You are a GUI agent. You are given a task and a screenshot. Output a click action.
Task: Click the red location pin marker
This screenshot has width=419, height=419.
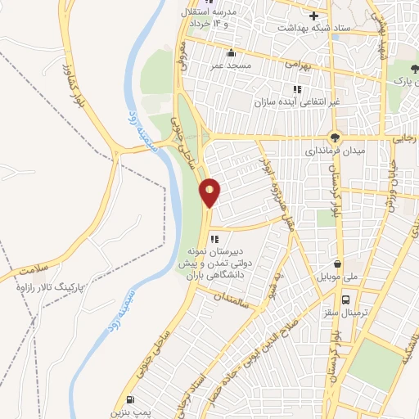[210, 191]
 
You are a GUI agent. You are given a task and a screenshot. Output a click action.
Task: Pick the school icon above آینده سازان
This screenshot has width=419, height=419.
[295, 89]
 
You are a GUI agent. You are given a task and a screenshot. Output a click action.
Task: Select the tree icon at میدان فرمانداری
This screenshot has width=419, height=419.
[335, 137]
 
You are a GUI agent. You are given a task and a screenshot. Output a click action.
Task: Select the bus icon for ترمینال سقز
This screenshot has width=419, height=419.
[348, 300]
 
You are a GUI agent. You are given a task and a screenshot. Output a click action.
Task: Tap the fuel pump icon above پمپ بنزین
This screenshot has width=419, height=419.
[130, 400]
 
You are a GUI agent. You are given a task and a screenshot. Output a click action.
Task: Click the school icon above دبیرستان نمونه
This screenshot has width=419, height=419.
[214, 239]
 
